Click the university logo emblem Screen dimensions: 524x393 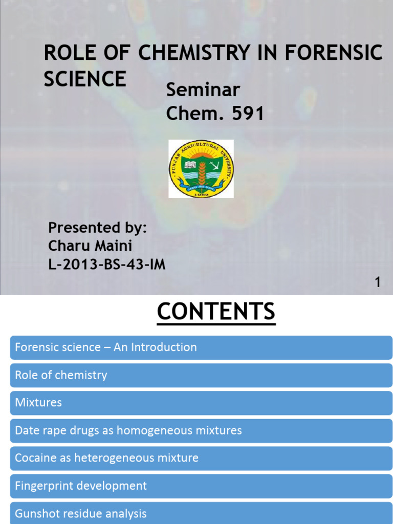click(x=201, y=168)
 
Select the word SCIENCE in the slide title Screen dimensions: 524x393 click(x=85, y=79)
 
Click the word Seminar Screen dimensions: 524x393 click(x=203, y=91)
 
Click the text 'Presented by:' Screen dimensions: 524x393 click(x=97, y=228)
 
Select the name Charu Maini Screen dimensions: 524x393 click(x=90, y=246)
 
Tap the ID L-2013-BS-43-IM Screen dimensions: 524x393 click(x=106, y=265)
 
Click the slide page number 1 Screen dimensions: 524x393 click(x=378, y=282)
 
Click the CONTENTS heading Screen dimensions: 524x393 click(x=216, y=312)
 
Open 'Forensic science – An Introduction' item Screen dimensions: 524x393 click(x=201, y=347)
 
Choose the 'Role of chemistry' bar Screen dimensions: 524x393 click(x=201, y=375)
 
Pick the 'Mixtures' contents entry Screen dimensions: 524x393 click(x=201, y=403)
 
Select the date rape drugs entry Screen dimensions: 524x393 click(x=201, y=430)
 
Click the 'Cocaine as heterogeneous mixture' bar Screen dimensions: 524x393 click(x=201, y=458)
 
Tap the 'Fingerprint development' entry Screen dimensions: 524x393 click(x=201, y=486)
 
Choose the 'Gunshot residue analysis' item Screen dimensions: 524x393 click(x=201, y=513)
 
